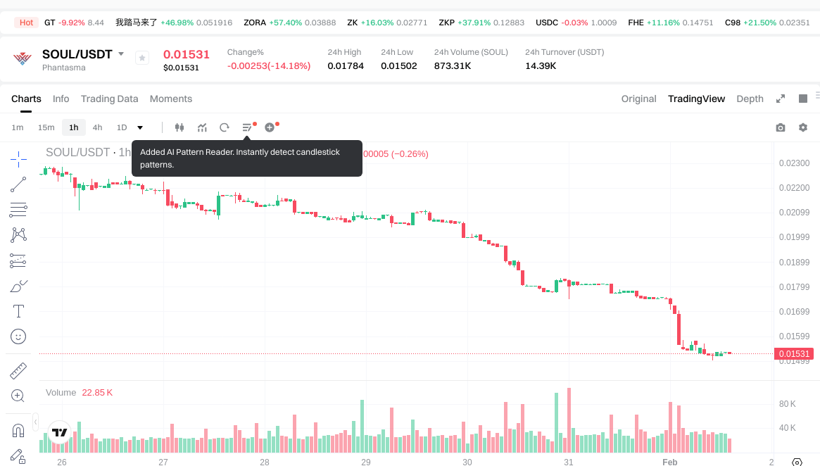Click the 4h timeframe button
97,127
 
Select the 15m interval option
46,127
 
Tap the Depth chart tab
750,99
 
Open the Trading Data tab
109,99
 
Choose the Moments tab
171,99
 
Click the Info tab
61,99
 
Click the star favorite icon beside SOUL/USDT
142,58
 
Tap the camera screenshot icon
781,127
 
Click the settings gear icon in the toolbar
803,127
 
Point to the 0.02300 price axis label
794,163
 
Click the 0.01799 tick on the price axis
794,286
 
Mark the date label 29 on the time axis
366,462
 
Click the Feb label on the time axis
669,462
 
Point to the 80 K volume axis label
788,404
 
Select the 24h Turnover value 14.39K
541,66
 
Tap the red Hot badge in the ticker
26,23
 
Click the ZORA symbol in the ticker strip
255,23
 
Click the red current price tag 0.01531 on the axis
794,354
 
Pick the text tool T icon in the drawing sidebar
18,311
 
